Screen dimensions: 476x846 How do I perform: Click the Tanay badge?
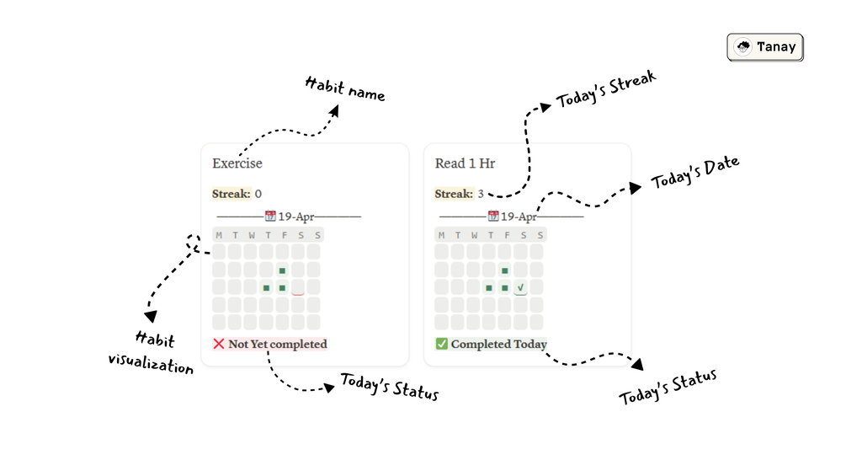(765, 47)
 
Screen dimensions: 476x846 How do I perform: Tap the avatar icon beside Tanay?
(743, 47)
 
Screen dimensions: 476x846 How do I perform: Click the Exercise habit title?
(237, 163)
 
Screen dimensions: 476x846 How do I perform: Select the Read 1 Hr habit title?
(465, 163)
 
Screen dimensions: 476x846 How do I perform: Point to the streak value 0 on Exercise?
(258, 194)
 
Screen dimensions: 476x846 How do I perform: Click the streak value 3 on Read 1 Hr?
(481, 194)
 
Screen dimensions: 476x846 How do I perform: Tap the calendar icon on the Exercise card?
(270, 217)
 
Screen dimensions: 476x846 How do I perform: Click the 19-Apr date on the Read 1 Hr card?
(519, 217)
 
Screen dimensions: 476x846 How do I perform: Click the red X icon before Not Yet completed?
(219, 344)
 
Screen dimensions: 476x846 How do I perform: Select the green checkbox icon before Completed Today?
(442, 344)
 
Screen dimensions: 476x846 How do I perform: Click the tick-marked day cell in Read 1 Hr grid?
(521, 287)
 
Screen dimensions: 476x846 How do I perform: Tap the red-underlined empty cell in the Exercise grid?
(298, 287)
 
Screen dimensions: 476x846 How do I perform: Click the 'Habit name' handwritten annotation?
(345, 88)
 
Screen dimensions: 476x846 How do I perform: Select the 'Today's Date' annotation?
(695, 173)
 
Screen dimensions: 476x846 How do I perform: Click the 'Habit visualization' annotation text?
(152, 352)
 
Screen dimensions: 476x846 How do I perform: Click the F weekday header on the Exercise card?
(282, 235)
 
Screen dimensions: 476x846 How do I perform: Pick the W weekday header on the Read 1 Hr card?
(474, 235)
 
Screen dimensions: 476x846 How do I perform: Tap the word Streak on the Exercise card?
(231, 194)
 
